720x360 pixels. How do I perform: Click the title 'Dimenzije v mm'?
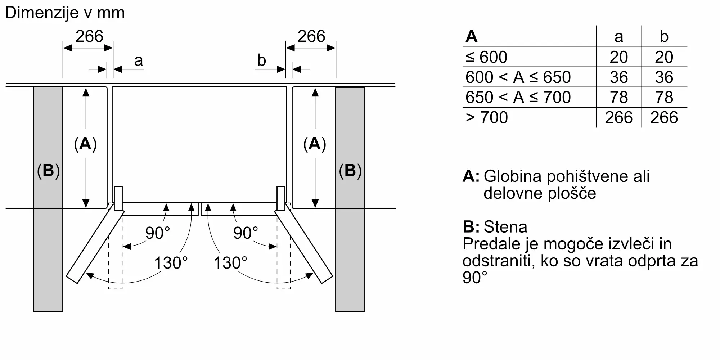[x=65, y=13]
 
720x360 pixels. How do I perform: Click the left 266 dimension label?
[x=89, y=36]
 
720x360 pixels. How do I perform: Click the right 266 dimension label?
[x=311, y=36]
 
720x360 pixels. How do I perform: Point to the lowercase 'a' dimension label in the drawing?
[x=139, y=61]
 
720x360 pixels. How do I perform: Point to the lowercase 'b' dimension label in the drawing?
[x=262, y=60]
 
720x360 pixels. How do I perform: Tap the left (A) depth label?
[x=85, y=144]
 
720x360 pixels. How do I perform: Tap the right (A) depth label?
[x=315, y=144]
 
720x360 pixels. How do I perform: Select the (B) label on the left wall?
[x=48, y=171]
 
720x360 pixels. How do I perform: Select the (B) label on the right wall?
[x=350, y=171]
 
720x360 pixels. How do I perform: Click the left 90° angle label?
[x=157, y=233]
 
